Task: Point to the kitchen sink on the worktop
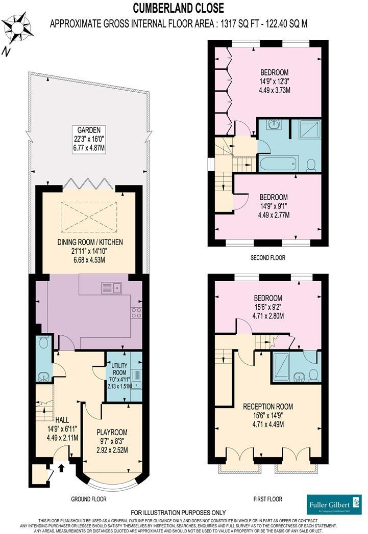111,288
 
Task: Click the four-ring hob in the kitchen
136,312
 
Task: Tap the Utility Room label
118,371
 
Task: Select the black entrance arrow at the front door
62,465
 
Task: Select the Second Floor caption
267,258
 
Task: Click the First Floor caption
267,499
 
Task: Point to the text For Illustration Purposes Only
178,512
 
